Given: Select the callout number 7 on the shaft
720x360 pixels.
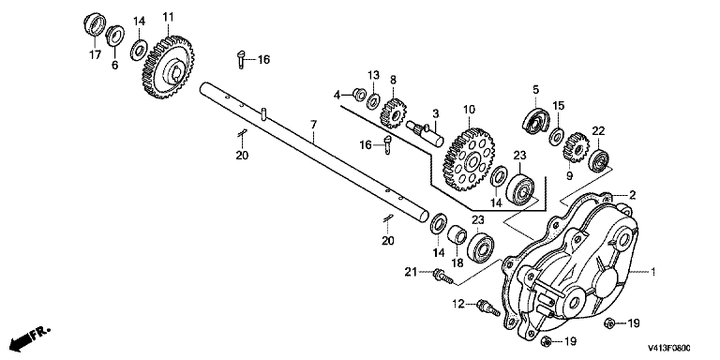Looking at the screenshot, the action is tap(313, 125).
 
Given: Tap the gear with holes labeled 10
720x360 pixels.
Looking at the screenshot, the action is tap(467, 159).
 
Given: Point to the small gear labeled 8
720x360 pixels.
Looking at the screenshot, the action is tap(392, 112).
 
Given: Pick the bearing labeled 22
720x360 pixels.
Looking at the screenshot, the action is tap(599, 160).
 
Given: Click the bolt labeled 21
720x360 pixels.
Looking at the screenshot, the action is tap(442, 276).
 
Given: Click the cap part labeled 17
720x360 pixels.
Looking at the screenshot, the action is tap(95, 23).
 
